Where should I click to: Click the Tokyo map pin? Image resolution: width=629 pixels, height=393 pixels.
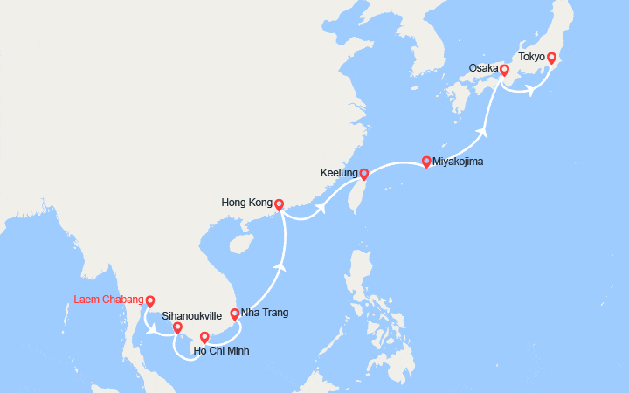tap(551, 59)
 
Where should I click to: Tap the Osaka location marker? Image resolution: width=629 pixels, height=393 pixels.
tap(504, 70)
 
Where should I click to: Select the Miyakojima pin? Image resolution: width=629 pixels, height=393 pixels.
tap(425, 162)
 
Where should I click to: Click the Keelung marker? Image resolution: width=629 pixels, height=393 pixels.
tap(363, 174)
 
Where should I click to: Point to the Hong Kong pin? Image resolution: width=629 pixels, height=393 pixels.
tap(279, 205)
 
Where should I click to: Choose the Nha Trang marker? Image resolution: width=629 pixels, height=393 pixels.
tap(234, 314)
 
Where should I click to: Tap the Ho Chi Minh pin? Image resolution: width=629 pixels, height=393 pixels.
tap(204, 337)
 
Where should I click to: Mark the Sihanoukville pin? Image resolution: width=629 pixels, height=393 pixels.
tap(177, 328)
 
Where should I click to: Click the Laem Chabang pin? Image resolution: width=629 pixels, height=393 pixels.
tap(150, 301)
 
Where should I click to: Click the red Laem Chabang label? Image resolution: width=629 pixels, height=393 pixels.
tap(107, 300)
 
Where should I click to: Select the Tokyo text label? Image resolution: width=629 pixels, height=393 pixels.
tap(531, 57)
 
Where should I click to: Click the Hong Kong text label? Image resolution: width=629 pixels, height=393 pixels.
tap(248, 204)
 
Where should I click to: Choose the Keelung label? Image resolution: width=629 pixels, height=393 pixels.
tap(338, 174)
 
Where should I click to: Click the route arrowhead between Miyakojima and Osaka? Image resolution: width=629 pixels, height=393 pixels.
tap(481, 133)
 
